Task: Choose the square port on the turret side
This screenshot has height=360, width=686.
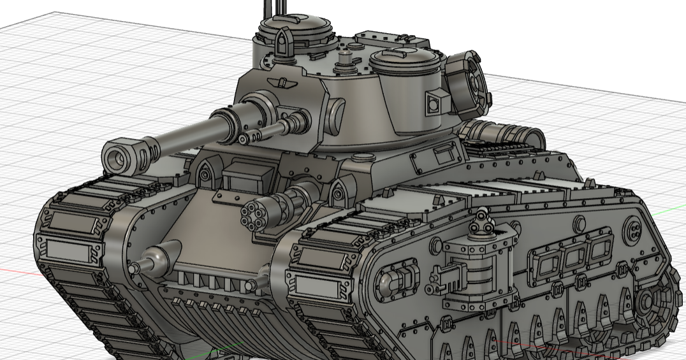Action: (x=436, y=102)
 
